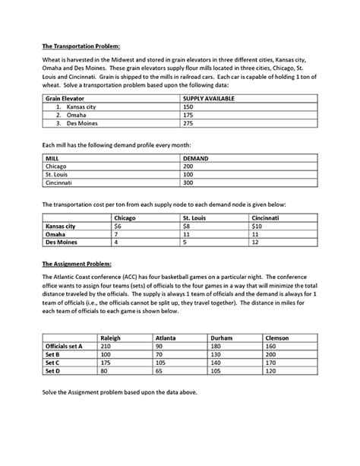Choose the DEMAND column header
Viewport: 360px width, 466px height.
tap(196, 158)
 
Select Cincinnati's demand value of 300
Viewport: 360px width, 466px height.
tap(188, 182)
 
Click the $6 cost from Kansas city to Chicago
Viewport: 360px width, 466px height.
tap(118, 226)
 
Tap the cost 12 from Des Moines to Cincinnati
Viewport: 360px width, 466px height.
tap(256, 243)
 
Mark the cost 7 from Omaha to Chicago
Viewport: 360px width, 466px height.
tap(117, 234)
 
